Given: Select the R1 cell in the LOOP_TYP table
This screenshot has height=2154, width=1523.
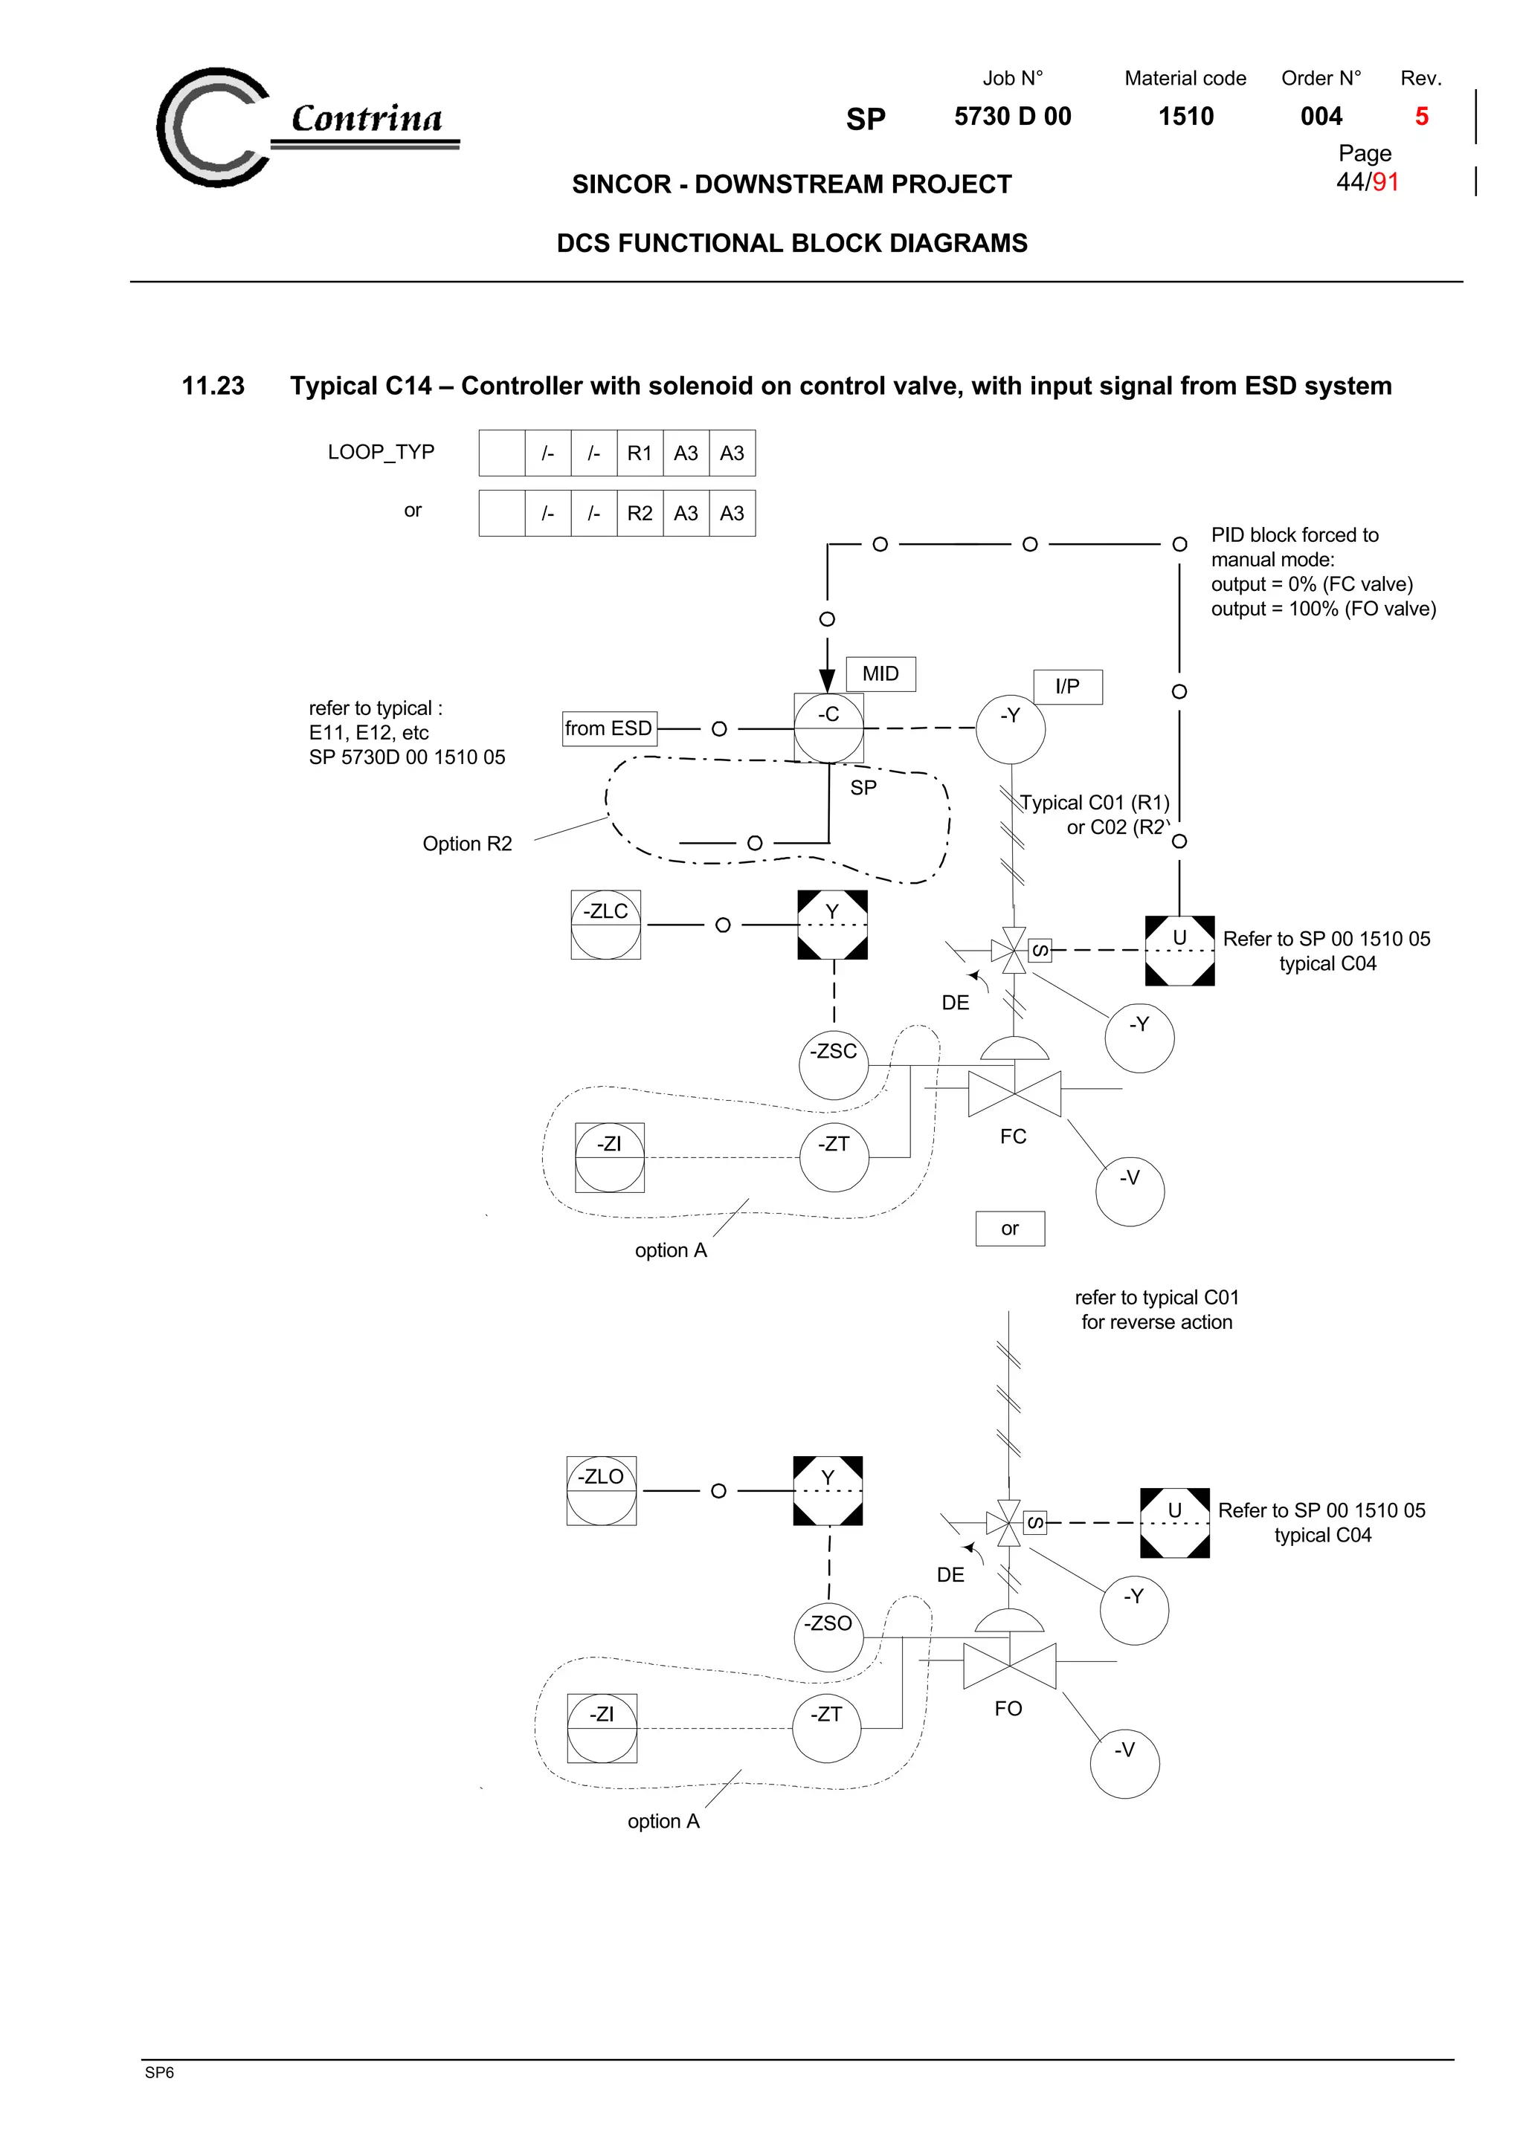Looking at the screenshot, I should pos(639,453).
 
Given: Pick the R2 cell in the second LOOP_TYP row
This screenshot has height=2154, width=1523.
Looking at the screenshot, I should pos(639,513).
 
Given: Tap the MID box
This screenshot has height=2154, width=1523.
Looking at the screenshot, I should pos(880,673).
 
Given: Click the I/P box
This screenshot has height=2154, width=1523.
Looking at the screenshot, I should pos(1067,687).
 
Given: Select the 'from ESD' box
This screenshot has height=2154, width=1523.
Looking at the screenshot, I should pos(608,728).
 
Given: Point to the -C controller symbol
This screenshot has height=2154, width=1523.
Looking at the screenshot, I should pos(828,727).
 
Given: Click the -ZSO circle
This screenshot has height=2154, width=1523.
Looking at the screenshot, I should pos(828,1636).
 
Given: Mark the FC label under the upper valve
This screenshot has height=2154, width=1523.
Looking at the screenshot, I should pos(1013,1136).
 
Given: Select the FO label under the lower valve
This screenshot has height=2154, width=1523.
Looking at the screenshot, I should pos(1008,1708).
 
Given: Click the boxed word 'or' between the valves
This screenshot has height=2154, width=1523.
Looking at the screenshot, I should pos(1010,1228).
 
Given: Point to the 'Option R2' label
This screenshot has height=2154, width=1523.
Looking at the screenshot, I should pos(467,844).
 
